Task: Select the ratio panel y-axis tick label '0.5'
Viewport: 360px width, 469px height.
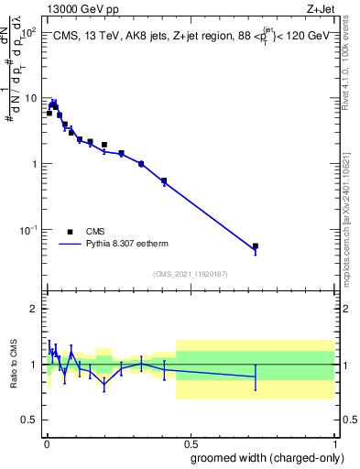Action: pyautogui.click(x=29, y=420)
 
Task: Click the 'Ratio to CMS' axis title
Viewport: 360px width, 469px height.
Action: pyautogui.click(x=13, y=364)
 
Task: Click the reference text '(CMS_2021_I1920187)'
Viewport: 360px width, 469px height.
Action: pyautogui.click(x=190, y=274)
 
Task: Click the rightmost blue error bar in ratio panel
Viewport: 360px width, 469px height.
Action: pyautogui.click(x=256, y=376)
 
